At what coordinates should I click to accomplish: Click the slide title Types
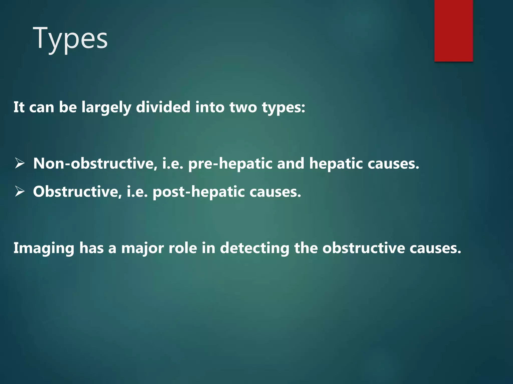click(x=70, y=39)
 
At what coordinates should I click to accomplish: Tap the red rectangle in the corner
click(x=453, y=30)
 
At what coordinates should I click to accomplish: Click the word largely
click(x=106, y=107)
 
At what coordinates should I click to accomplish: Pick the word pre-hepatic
click(x=230, y=164)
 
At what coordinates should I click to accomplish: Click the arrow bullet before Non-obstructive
click(x=20, y=163)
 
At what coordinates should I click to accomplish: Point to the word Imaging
click(x=44, y=248)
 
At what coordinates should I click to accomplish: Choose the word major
click(x=142, y=248)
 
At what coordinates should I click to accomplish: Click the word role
click(x=183, y=248)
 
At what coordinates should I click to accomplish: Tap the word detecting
click(x=254, y=248)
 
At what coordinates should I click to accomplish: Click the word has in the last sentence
click(x=91, y=248)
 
